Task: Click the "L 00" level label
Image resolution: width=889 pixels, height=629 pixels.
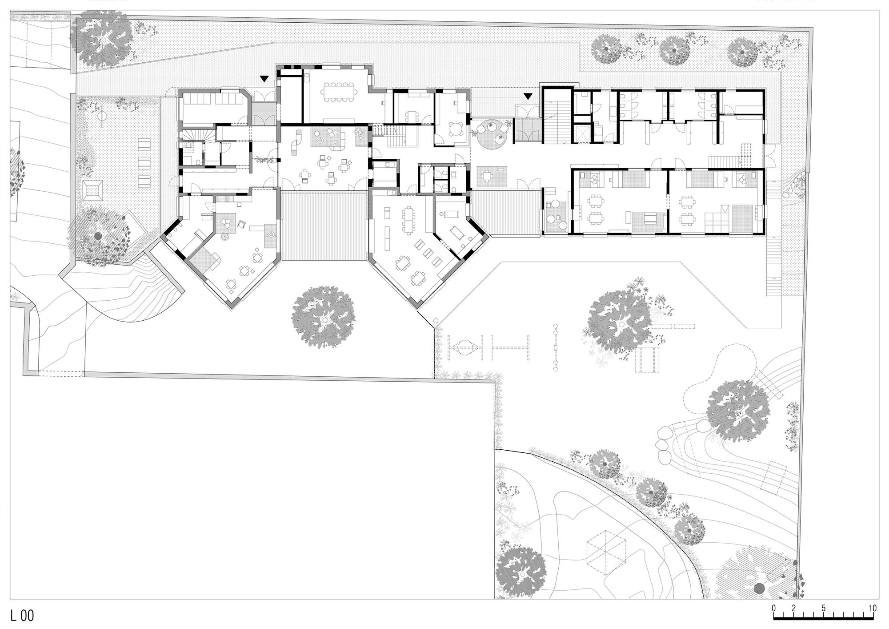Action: pos(22,616)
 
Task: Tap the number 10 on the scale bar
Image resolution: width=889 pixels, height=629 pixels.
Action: pos(873,608)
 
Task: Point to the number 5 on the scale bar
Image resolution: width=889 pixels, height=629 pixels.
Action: pos(824,608)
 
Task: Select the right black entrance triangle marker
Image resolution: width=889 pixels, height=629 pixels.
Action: pos(528,96)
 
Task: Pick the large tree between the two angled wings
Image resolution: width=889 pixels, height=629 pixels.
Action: pos(323,316)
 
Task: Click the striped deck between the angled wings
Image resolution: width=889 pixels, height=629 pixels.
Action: pos(324,226)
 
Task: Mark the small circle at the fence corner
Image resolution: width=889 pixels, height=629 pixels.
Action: pos(436,320)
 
